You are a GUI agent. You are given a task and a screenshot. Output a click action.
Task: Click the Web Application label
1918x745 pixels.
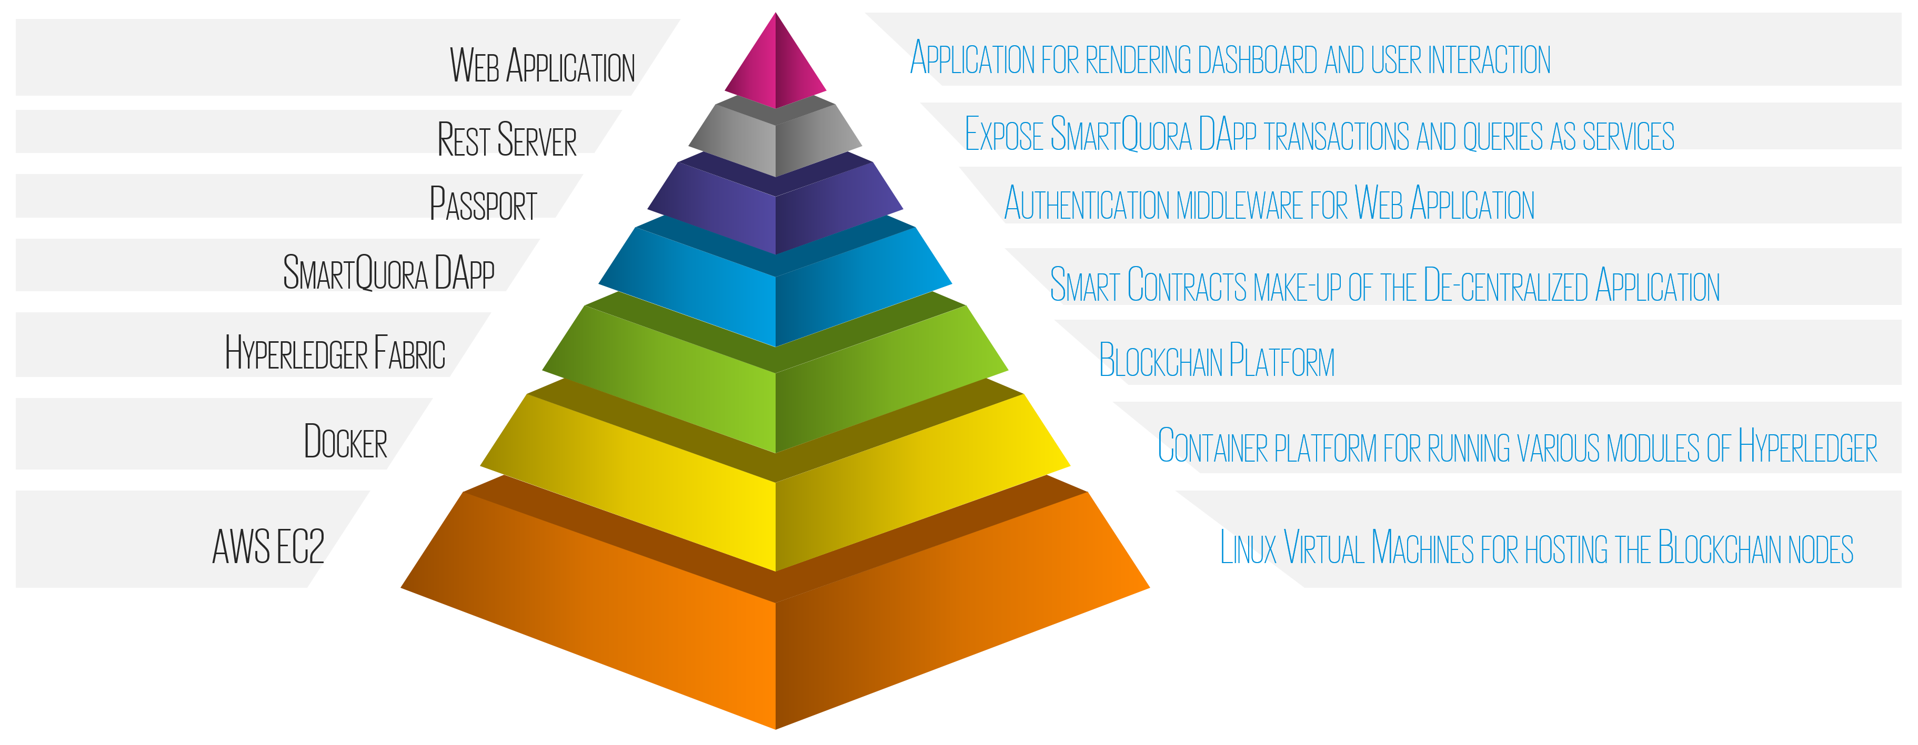pos(542,66)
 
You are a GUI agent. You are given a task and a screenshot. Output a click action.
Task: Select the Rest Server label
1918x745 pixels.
pos(506,140)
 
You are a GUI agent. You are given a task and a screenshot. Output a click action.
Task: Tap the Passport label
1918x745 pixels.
pos(483,204)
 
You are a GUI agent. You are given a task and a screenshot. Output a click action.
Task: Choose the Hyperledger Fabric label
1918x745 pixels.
pos(335,353)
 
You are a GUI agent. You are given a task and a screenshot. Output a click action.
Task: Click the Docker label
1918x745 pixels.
pos(346,442)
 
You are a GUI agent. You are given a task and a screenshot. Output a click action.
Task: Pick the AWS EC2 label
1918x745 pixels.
pos(268,547)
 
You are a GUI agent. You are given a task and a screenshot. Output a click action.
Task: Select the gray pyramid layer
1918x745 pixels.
pos(775,141)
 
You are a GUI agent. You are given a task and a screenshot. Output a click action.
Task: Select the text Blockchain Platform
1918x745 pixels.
pos(1217,361)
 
